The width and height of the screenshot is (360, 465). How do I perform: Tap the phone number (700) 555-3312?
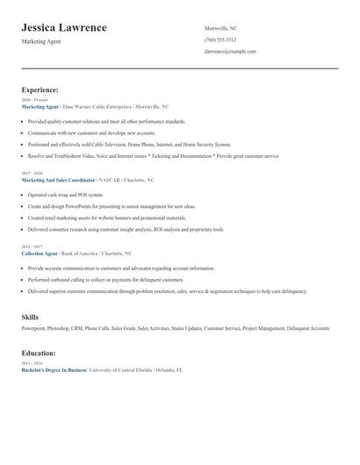tap(220, 40)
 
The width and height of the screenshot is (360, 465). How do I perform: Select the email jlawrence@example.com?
tap(230, 52)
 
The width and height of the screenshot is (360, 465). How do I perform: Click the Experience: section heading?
tap(40, 89)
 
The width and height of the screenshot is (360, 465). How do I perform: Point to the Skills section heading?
tap(30, 316)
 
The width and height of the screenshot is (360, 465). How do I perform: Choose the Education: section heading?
tap(39, 353)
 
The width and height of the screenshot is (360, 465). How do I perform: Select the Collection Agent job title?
tap(39, 254)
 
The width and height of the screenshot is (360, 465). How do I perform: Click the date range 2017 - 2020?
tap(32, 174)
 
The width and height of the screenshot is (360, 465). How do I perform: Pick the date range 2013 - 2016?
tap(32, 364)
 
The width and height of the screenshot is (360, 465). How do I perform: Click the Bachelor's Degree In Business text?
tap(54, 370)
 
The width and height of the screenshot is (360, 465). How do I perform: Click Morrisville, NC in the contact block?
tap(220, 28)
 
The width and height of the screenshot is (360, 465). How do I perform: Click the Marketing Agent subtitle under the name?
tap(41, 41)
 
